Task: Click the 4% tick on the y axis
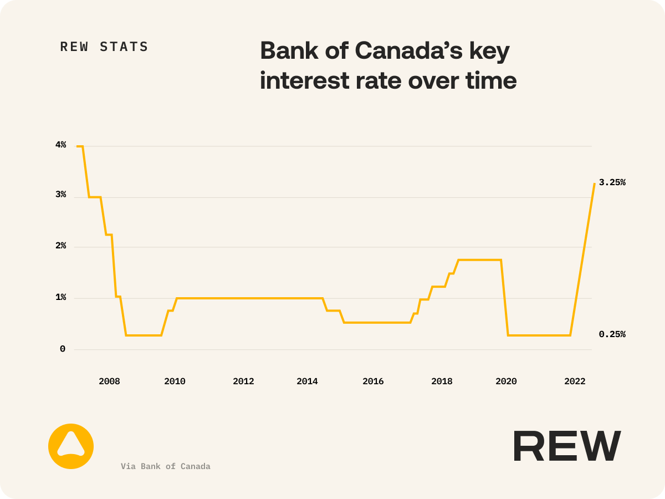60,145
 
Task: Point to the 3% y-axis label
60,195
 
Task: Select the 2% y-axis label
60,246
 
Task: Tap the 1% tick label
60,298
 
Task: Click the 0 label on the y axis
63,349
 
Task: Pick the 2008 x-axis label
109,381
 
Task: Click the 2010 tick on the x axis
175,381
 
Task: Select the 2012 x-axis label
243,381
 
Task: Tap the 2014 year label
307,381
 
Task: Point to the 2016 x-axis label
373,381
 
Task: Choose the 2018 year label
442,381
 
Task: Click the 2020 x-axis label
506,381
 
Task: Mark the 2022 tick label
575,381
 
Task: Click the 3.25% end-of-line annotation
612,182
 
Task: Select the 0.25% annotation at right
612,334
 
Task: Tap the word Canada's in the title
408,51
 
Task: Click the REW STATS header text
104,47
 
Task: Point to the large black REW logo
567,446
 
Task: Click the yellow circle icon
71,446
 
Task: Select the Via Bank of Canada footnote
166,466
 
